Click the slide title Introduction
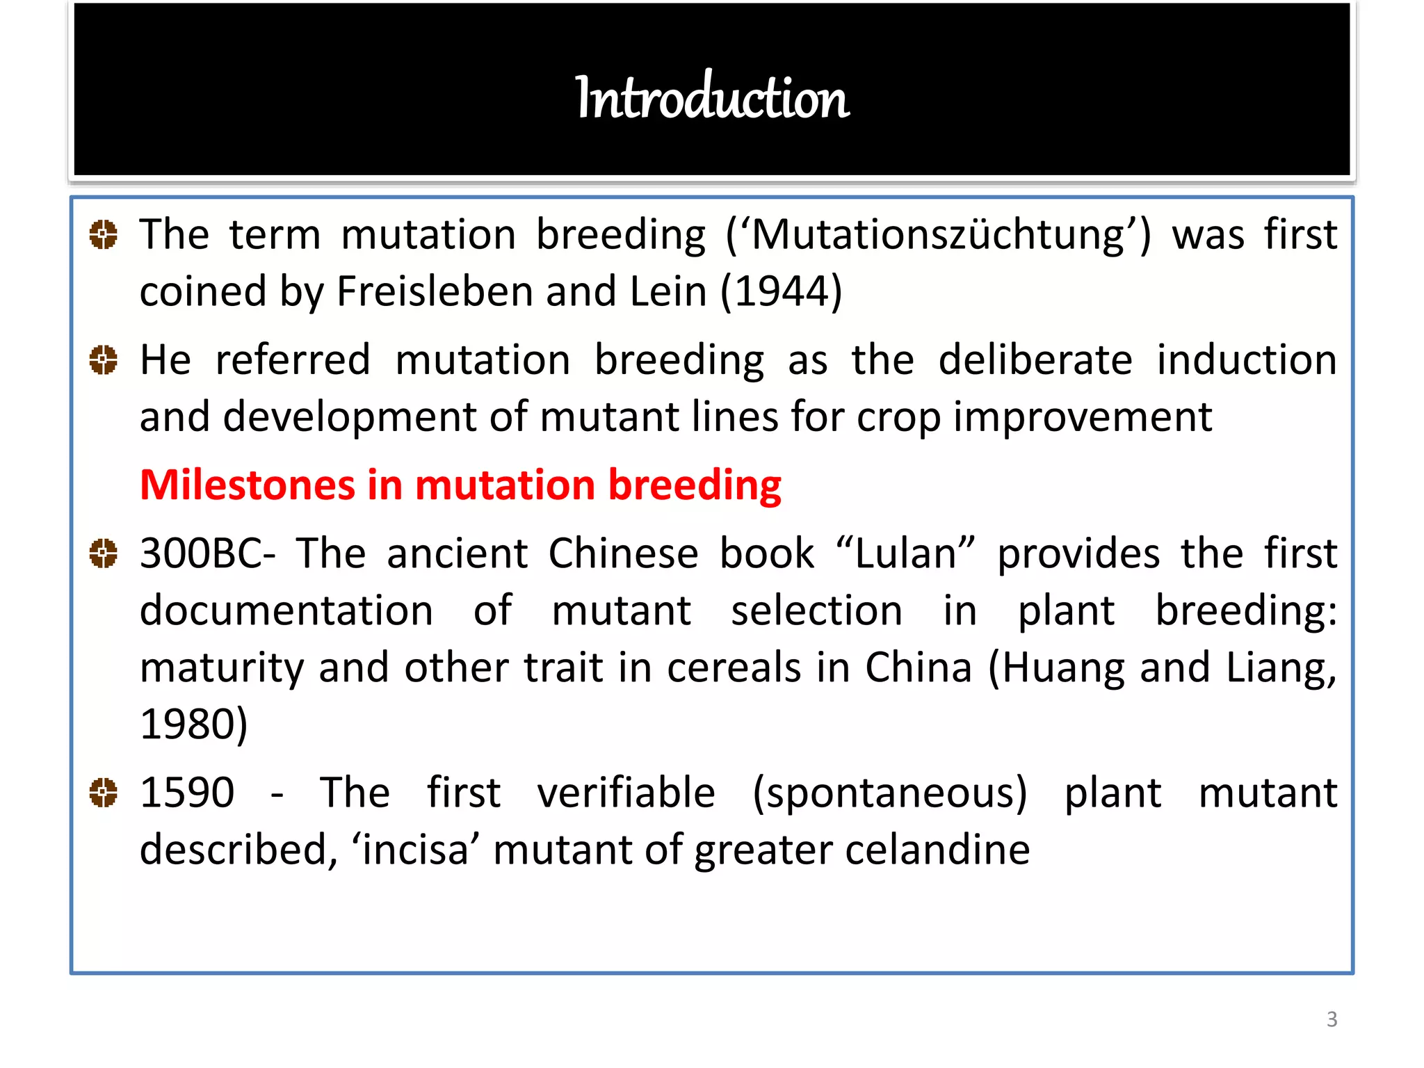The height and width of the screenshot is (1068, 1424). click(x=711, y=97)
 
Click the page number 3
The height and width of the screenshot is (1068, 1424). click(x=1332, y=1019)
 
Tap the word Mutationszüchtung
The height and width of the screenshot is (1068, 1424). click(x=938, y=235)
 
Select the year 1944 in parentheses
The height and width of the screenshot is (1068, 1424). click(x=782, y=291)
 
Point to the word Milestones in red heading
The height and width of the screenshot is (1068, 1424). click(x=247, y=485)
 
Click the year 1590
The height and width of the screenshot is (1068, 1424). click(x=186, y=793)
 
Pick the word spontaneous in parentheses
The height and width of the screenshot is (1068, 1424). click(x=889, y=794)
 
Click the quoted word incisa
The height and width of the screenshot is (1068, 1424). click(x=415, y=850)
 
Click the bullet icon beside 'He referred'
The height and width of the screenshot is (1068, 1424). click(x=104, y=360)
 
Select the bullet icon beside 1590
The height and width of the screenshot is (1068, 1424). click(x=104, y=793)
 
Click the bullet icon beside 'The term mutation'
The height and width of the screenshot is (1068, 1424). click(x=104, y=234)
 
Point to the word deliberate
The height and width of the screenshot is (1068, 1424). click(x=1035, y=360)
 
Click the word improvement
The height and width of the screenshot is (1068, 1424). click(x=1083, y=417)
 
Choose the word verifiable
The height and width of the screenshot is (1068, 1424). click(x=626, y=793)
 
